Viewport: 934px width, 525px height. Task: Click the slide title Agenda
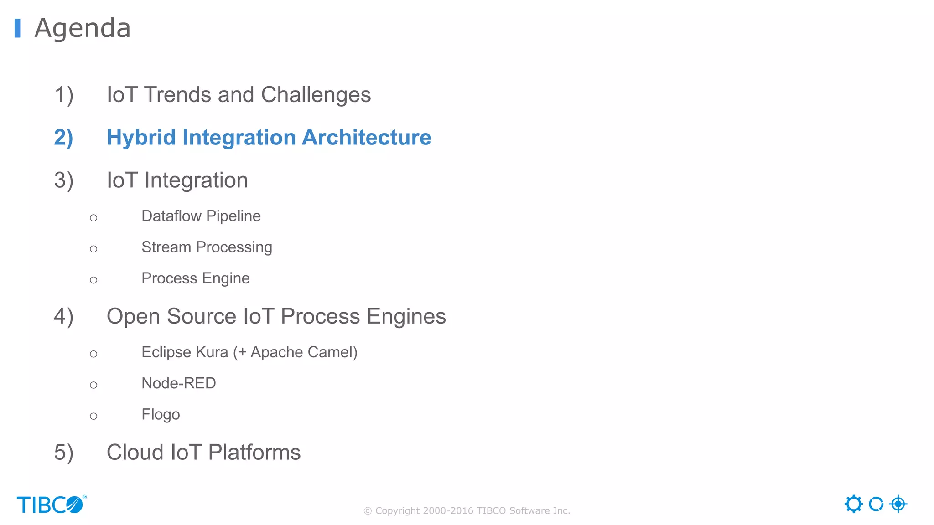tap(83, 28)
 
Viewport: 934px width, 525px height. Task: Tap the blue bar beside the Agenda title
tap(17, 28)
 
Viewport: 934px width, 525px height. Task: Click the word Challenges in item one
tap(316, 95)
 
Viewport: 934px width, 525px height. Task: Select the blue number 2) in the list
tap(63, 138)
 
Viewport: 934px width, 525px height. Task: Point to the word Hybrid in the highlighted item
tap(141, 138)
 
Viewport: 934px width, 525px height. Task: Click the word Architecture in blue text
tap(366, 138)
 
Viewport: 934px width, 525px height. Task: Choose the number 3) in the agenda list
tap(63, 180)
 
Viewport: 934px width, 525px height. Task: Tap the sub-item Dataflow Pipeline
tap(201, 216)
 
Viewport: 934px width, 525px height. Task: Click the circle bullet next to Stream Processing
tap(93, 249)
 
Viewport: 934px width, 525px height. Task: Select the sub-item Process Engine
tap(195, 278)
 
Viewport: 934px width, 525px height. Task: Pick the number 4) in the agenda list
tap(63, 317)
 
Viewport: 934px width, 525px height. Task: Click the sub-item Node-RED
tap(178, 383)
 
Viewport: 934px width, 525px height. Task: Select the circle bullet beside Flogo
tap(93, 416)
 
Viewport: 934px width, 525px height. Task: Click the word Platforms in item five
tap(254, 453)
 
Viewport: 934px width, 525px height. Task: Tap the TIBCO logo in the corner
tap(51, 504)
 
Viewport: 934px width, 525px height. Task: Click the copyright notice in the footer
tap(467, 510)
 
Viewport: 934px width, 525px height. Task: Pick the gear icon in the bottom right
tap(853, 504)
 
